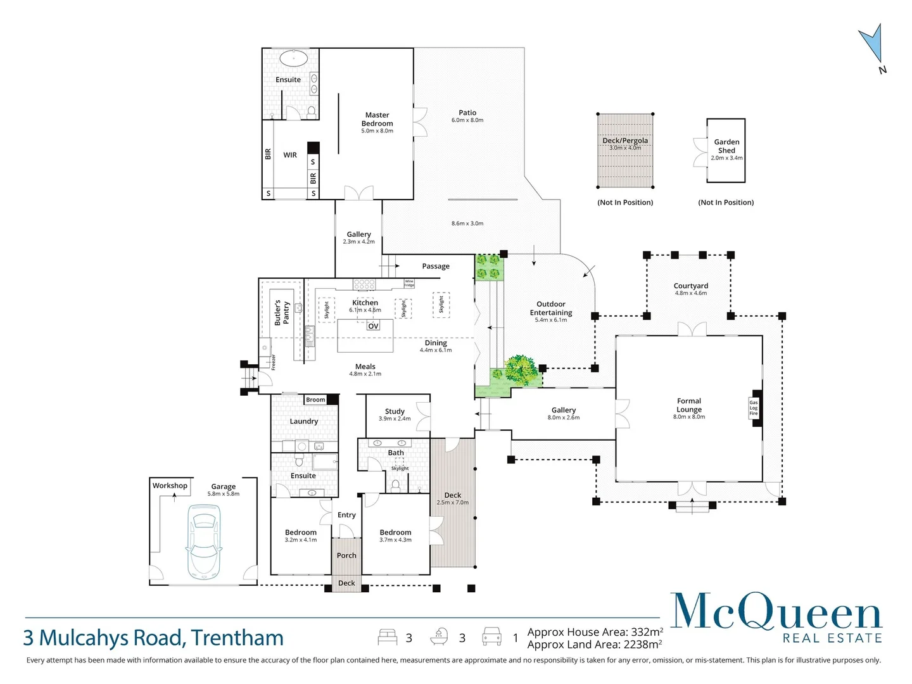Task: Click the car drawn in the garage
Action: coord(203,541)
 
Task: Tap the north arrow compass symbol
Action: coord(871,44)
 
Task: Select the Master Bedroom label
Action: coord(377,119)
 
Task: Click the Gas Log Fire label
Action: coord(754,408)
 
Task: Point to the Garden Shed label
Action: coord(726,146)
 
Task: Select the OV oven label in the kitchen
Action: coord(373,326)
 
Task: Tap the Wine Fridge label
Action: coord(409,283)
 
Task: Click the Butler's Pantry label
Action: coord(282,313)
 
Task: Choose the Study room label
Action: coord(395,411)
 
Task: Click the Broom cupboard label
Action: coord(315,400)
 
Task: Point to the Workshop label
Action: coord(170,486)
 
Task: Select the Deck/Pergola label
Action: coord(625,141)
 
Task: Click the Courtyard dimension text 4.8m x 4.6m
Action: coord(690,293)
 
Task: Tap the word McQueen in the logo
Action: coord(776,611)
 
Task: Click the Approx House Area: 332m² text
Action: coord(595,632)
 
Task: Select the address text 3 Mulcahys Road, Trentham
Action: coord(153,638)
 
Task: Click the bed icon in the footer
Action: coord(388,636)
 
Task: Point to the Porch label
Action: coord(346,555)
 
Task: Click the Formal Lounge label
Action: coord(689,405)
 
